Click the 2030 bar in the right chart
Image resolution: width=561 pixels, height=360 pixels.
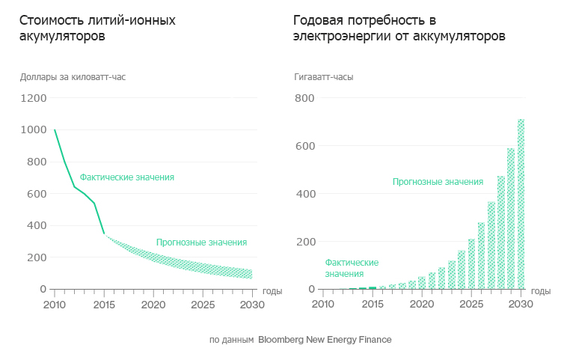pos(521,204)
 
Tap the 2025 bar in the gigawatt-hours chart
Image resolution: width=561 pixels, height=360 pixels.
pos(471,263)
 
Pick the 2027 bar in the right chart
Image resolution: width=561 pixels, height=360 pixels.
pos(491,245)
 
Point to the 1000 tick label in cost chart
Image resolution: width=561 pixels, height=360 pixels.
pos(33,130)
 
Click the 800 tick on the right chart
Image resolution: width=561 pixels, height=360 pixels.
pos(306,98)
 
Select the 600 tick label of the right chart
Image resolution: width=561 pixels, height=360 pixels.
pos(306,146)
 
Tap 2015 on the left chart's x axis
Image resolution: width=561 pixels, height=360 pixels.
pos(104,305)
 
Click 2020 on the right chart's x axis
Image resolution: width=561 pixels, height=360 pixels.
pos(423,305)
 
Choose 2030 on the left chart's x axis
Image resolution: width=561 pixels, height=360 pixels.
pos(252,305)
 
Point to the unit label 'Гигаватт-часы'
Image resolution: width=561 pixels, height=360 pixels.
pos(324,76)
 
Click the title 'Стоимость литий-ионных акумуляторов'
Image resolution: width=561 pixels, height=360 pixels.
pos(97,28)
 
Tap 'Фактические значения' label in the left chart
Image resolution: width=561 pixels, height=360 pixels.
pos(127,177)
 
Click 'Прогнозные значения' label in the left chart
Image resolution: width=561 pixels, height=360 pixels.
pos(201,242)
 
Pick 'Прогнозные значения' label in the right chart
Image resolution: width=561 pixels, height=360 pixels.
pos(438,182)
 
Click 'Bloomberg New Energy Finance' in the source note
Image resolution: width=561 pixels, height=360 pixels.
pos(325,340)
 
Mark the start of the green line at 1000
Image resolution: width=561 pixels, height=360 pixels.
pos(55,130)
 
